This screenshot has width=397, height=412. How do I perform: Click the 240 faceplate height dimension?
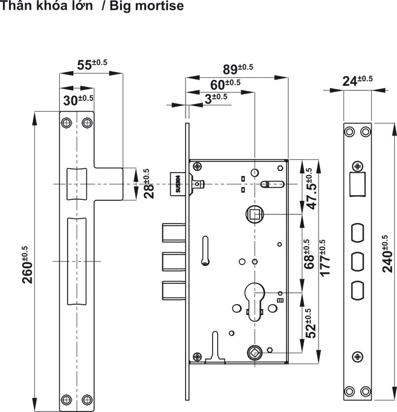point(387,253)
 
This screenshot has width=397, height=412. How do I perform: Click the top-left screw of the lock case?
point(197,166)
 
